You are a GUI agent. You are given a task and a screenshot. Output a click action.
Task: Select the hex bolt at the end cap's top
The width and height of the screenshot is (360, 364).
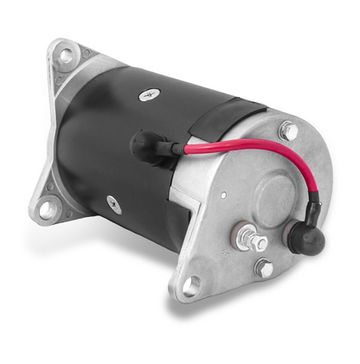click(287, 131)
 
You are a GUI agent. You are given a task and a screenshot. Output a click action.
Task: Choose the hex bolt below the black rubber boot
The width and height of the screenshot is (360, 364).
click(265, 269)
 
